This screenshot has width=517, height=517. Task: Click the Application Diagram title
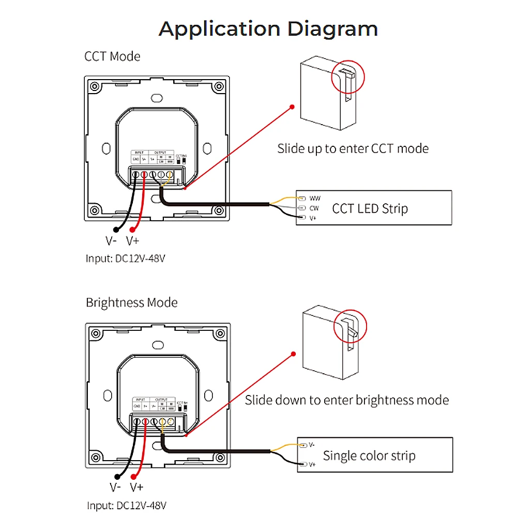(x=268, y=28)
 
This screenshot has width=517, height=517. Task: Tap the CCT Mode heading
(x=112, y=56)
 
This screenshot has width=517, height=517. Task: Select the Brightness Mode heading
(x=131, y=302)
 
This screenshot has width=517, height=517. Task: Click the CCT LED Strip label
(x=370, y=209)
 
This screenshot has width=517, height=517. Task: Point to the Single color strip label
(x=369, y=455)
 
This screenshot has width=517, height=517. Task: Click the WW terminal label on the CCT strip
(x=315, y=198)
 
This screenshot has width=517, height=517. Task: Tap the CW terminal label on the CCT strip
(x=314, y=208)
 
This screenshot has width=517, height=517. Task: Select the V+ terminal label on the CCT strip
(x=313, y=219)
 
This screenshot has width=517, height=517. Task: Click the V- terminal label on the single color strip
(x=311, y=445)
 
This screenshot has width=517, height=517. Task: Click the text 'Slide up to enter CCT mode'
(x=353, y=149)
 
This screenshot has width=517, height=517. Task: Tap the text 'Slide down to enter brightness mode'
(x=346, y=400)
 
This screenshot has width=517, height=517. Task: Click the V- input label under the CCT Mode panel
(x=111, y=241)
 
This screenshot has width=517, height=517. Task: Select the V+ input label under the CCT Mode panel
(x=132, y=241)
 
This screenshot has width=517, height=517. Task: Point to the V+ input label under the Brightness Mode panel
(x=136, y=487)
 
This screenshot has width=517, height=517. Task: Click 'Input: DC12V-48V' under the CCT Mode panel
(x=129, y=258)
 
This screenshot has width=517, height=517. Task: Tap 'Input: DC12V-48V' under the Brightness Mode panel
(x=130, y=505)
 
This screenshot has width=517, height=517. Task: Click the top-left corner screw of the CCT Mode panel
(x=94, y=86)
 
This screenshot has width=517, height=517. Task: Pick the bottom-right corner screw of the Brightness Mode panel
(x=221, y=458)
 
